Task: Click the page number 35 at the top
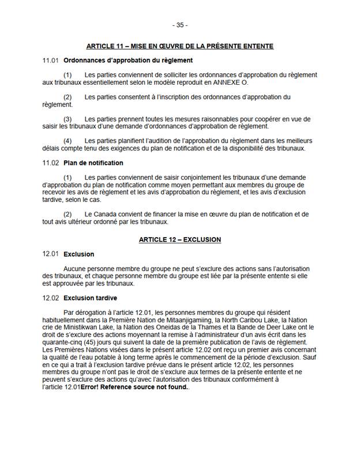click(x=179, y=25)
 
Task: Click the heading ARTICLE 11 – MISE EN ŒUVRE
click(x=179, y=46)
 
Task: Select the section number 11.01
click(x=51, y=61)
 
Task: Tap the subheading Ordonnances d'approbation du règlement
click(x=128, y=61)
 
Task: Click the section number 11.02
click(x=51, y=163)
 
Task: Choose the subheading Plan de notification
click(x=93, y=163)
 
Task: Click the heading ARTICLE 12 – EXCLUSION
click(x=179, y=239)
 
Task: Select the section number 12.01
click(x=51, y=254)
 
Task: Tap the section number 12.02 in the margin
click(x=51, y=298)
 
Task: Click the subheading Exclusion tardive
click(x=90, y=298)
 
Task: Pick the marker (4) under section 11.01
click(x=67, y=141)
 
